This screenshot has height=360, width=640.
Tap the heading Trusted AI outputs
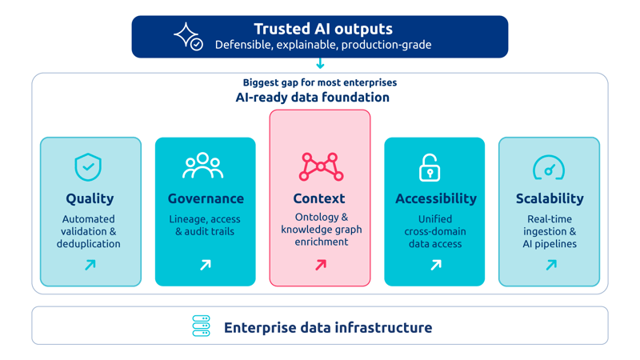[323, 29]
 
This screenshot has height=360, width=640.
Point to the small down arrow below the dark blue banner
[321, 64]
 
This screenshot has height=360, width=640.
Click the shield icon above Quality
[88, 167]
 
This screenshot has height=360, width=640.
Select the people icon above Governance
[203, 166]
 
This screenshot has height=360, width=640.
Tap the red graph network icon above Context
[321, 166]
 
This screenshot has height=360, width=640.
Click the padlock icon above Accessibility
[430, 167]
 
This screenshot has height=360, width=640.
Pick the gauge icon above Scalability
[549, 167]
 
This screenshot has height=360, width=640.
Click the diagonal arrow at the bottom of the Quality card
[90, 265]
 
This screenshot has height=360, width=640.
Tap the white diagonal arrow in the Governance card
[206, 265]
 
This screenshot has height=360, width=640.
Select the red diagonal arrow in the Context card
[321, 265]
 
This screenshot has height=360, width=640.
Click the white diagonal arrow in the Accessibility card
[436, 265]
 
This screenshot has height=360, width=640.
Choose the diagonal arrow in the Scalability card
[551, 265]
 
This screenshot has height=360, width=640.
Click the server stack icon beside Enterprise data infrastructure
[202, 326]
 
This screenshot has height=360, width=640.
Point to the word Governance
[206, 198]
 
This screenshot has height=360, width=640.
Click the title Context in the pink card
[319, 198]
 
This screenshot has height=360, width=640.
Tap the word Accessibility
[436, 198]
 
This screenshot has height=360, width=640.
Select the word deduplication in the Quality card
[89, 244]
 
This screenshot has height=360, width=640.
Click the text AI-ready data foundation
[313, 97]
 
